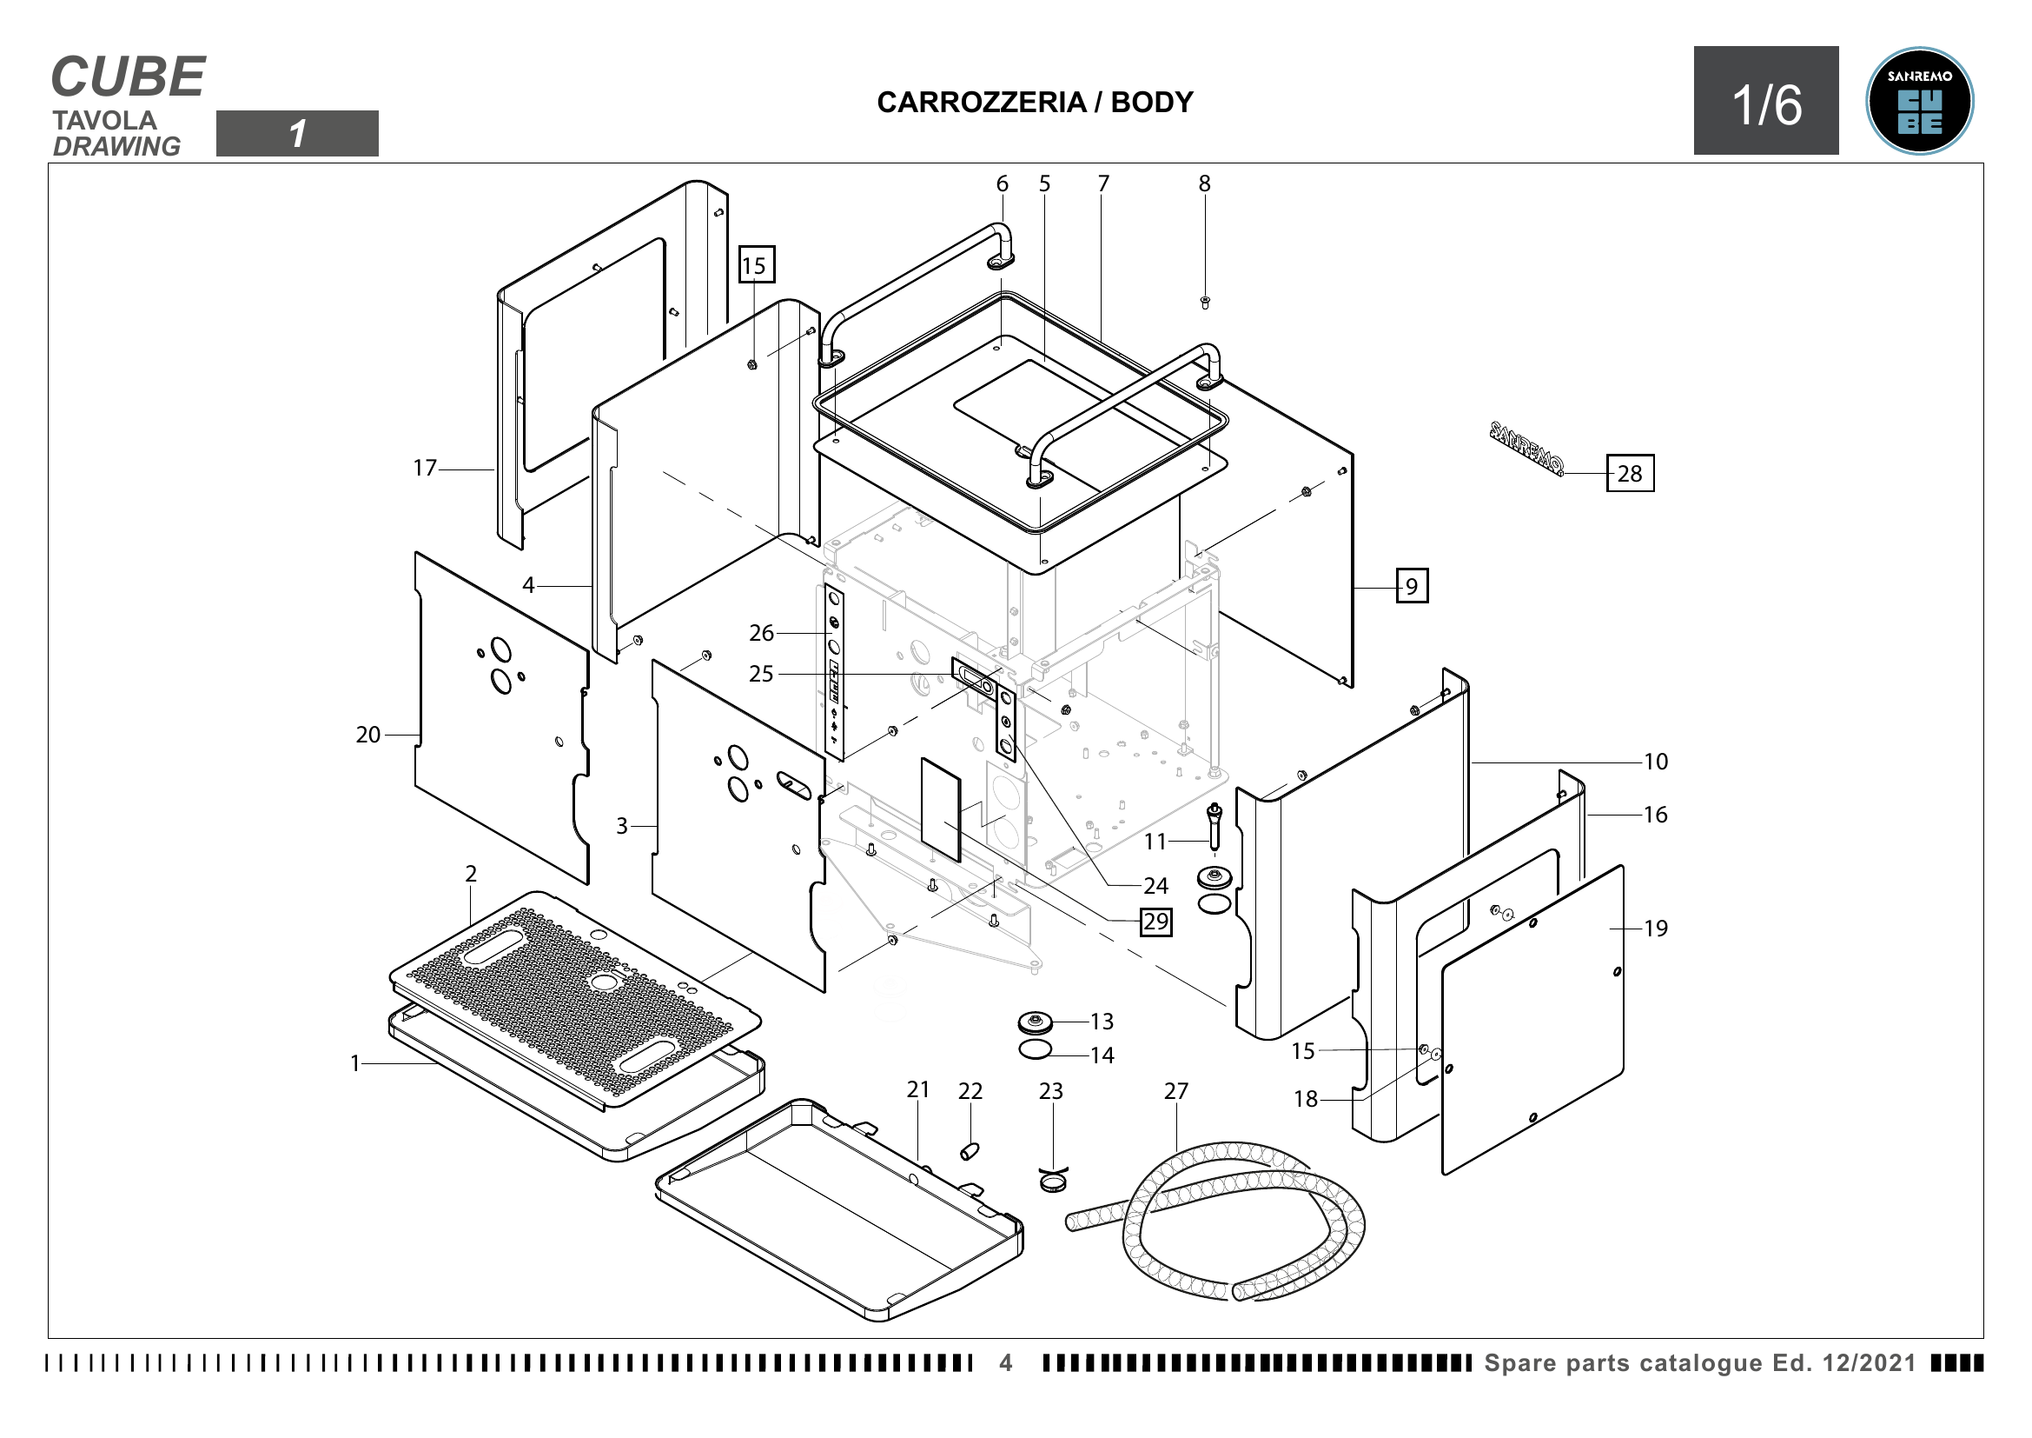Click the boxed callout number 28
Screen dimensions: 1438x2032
[x=1629, y=474]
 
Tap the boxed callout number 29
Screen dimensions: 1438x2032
[x=1155, y=922]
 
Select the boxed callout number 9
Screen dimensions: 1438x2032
[x=1412, y=586]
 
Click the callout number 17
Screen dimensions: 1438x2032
[x=425, y=468]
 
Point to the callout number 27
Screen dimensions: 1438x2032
[x=1175, y=1091]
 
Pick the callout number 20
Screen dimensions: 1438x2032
[x=368, y=735]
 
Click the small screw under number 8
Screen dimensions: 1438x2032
[x=1204, y=303]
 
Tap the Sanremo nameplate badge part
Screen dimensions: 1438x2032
[x=1526, y=446]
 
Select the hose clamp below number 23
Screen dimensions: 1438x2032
[x=1052, y=1181]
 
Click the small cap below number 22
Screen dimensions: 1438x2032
[x=970, y=1151]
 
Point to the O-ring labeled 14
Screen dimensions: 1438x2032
[x=1035, y=1050]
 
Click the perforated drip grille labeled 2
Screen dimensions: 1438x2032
[x=575, y=1001]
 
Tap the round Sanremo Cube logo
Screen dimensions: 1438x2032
[x=1919, y=101]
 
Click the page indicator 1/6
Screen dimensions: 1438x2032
[x=1765, y=104]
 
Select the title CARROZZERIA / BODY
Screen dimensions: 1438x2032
[x=1035, y=103]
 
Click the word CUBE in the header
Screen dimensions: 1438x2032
[x=129, y=77]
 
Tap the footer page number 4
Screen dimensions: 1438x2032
[x=1005, y=1362]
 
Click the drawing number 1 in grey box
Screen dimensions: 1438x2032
[x=297, y=134]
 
